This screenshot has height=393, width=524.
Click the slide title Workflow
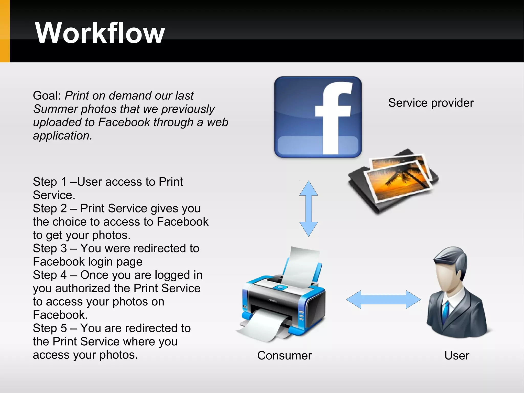pos(100,33)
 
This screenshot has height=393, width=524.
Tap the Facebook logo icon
pos(318,117)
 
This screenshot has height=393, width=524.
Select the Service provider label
pos(431,103)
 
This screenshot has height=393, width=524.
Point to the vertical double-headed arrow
pos(309,209)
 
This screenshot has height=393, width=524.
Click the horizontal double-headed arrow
pos(383,299)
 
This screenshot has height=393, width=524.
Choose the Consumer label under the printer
pos(285,355)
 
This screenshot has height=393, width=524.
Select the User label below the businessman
pos(457,355)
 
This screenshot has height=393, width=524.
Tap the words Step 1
pos(50,182)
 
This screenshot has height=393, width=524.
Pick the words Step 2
pos(50,208)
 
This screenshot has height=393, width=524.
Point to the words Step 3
pos(50,248)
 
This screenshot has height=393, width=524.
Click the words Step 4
pos(50,275)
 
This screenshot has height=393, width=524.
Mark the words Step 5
pos(50,328)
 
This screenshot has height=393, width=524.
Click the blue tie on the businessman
pos(446,311)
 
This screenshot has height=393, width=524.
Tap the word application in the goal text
pos(62,136)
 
